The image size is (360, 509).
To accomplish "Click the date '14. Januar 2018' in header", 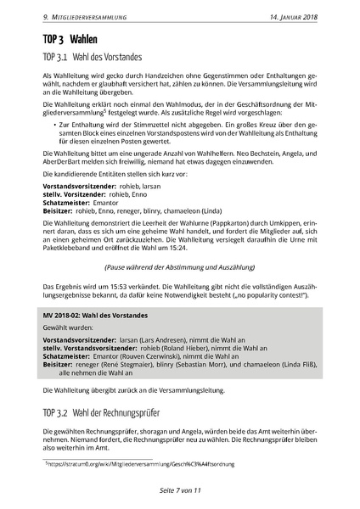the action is pos(293,16).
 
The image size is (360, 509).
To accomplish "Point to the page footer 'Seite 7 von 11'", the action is pos(179,489).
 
